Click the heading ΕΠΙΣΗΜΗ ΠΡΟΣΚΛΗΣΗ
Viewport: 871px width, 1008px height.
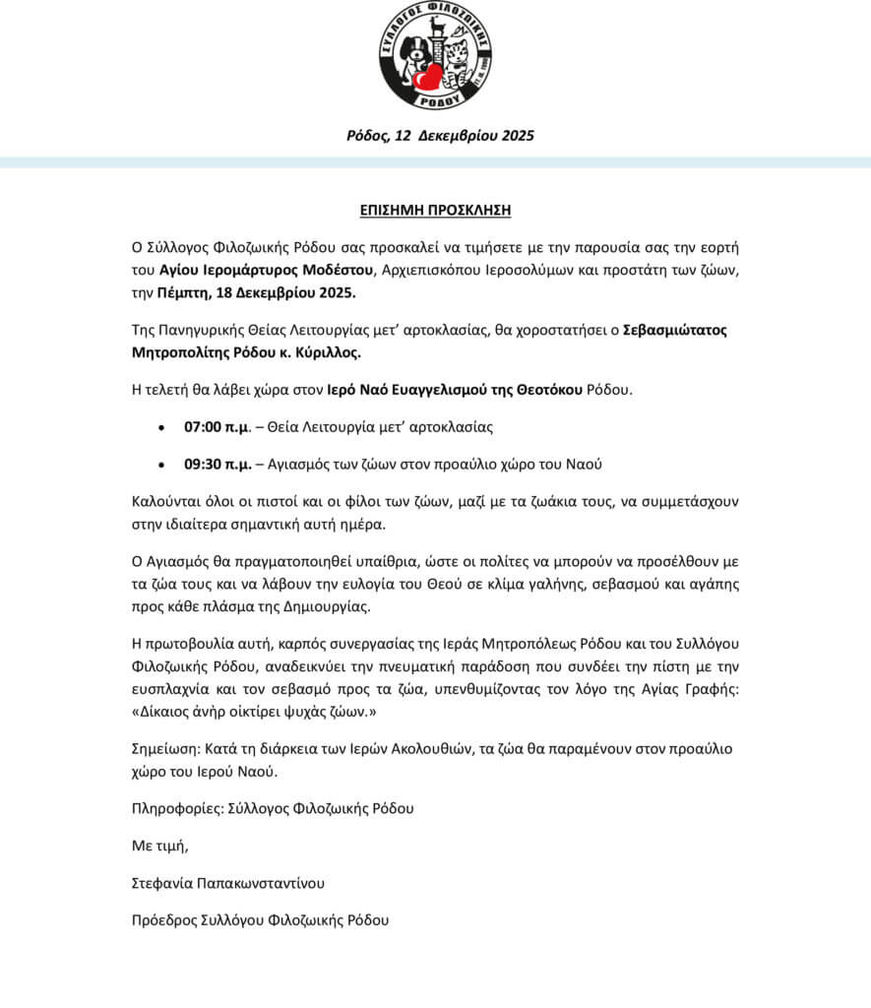pos(435,210)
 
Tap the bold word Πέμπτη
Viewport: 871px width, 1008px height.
pos(180,292)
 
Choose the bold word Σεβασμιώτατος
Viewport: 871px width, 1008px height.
pos(675,329)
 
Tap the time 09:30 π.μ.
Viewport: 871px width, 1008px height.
pos(214,463)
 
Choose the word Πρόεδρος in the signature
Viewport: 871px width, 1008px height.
pos(163,920)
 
